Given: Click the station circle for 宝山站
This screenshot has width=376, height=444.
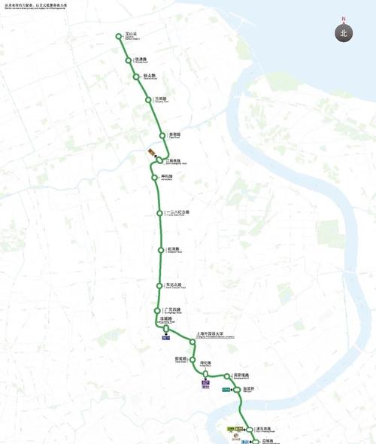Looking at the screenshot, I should pyautogui.click(x=119, y=36).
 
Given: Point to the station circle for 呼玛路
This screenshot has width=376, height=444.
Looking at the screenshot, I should pyautogui.click(x=154, y=178).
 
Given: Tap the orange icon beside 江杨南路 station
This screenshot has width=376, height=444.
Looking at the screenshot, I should pyautogui.click(x=150, y=154).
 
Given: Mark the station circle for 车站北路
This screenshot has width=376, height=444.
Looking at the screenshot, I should pyautogui.click(x=159, y=286).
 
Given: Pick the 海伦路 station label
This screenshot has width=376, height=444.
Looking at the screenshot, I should pyautogui.click(x=206, y=363).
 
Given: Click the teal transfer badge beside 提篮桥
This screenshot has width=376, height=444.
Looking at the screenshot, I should pyautogui.click(x=226, y=389).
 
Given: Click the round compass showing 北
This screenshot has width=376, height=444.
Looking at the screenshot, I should pyautogui.click(x=344, y=33).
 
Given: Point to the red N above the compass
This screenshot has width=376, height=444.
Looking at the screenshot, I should pyautogui.click(x=344, y=19).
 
